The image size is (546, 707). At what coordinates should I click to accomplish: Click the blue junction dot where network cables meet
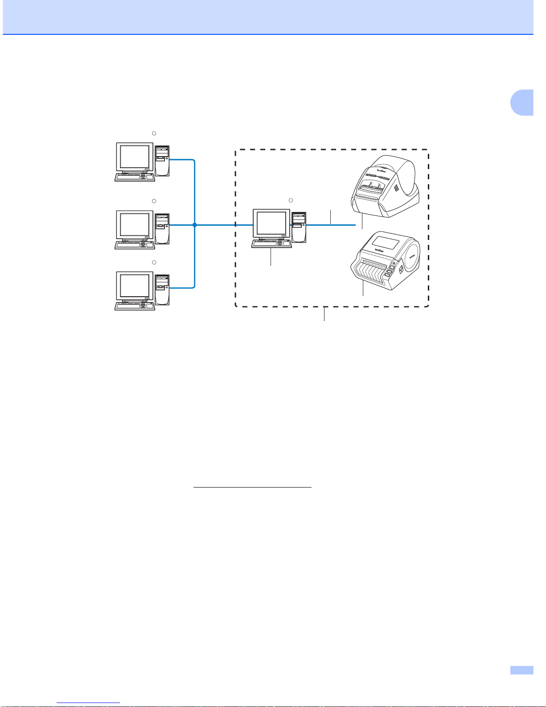[x=195, y=225]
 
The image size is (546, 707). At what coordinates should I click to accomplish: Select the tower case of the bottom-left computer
[x=162, y=289]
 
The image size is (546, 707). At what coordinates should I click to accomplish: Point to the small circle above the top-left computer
[x=154, y=133]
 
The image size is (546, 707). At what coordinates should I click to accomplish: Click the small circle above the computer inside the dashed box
[x=291, y=199]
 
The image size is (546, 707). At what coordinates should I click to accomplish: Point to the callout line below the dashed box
[x=324, y=314]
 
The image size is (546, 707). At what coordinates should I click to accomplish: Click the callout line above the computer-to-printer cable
[x=330, y=216]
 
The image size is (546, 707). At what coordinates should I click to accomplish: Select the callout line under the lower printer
[x=363, y=290]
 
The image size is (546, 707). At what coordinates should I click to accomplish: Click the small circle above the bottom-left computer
[x=154, y=262]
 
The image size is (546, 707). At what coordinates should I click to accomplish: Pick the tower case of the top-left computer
[x=162, y=160]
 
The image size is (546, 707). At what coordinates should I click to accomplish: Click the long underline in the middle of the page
[x=252, y=488]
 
